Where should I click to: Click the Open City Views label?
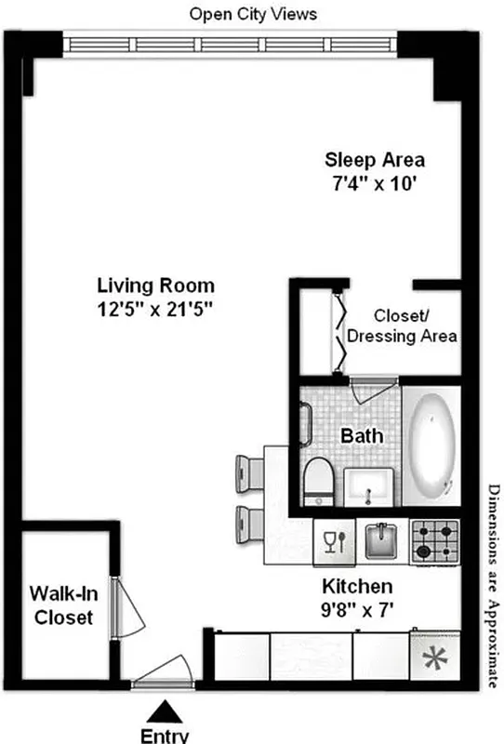[253, 14]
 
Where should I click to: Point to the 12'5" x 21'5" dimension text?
[156, 309]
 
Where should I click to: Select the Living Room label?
[156, 286]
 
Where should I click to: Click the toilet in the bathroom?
[316, 476]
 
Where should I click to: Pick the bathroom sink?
[369, 486]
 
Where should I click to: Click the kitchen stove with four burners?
[436, 540]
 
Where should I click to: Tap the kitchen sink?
[381, 539]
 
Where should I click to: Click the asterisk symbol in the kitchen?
[432, 661]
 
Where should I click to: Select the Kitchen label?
[357, 588]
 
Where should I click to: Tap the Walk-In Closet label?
[61, 604]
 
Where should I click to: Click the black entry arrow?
[167, 712]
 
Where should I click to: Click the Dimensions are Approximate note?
[494, 586]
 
